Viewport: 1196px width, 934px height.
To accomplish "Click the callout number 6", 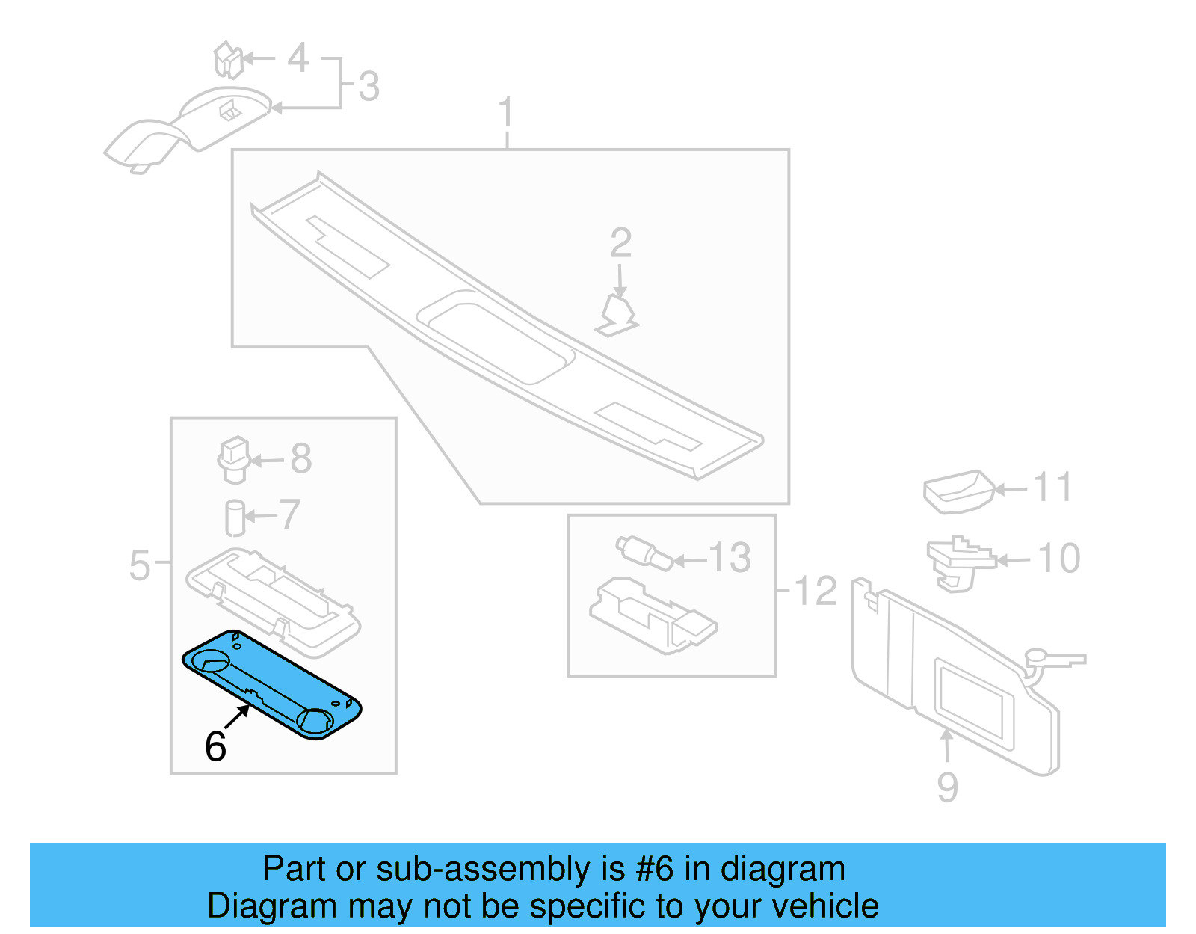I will coord(215,746).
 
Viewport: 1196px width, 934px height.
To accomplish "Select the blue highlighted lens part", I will coord(273,684).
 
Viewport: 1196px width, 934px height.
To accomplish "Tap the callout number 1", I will coord(506,113).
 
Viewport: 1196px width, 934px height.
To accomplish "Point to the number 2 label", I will coord(620,244).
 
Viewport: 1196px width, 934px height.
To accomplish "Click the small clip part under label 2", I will coord(617,316).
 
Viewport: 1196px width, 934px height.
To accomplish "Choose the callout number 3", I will coord(369,86).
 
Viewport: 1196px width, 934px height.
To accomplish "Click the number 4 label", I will coord(298,58).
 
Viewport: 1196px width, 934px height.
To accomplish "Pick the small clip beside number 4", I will coord(229,60).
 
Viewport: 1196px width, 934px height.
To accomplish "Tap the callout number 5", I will coord(140,565).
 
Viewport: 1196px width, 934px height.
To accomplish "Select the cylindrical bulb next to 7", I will coord(235,517).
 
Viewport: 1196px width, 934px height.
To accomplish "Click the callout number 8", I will coord(300,459).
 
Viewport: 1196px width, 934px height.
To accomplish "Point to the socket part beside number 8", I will coord(233,458).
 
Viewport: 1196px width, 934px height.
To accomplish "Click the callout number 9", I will coord(947,787).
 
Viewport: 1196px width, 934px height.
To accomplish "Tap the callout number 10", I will coord(1059,559).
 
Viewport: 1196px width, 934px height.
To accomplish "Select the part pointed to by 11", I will coord(958,491).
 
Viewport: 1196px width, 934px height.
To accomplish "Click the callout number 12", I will coord(816,592).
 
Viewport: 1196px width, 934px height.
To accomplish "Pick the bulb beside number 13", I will coord(644,553).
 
